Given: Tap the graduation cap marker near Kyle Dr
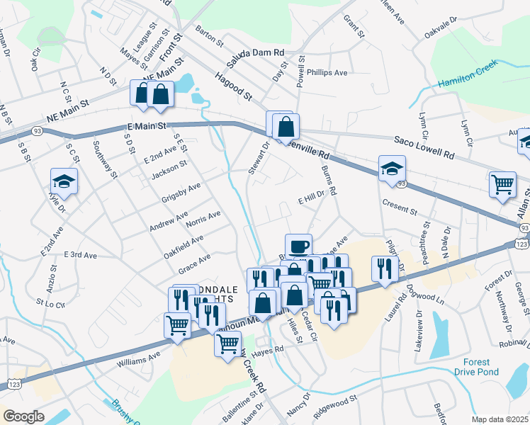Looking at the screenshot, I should (64, 181).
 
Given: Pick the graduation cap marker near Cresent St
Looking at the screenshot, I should (392, 169).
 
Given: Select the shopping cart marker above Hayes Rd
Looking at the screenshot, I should (227, 345).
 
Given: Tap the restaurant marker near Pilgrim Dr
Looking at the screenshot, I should (382, 268).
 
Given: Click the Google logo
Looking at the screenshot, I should (23, 416).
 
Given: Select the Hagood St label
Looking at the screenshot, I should (235, 89).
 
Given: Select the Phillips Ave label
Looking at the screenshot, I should (327, 73).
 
